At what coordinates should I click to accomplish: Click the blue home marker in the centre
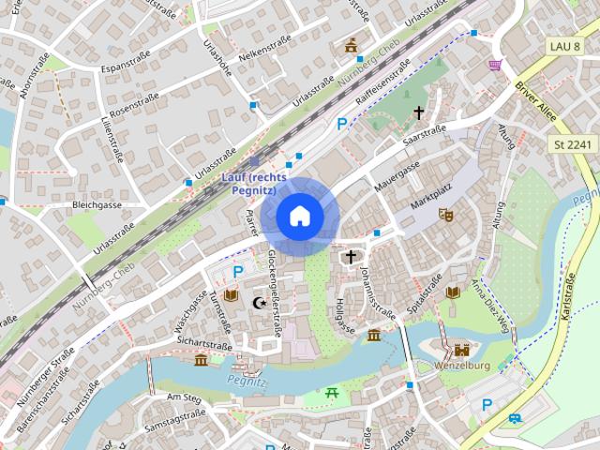pos(299,217)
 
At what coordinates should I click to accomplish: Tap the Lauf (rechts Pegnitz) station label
pos(256,183)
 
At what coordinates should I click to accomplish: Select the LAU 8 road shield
pos(566,45)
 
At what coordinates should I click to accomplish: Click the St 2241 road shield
pos(571,143)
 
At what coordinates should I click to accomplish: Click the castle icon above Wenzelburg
pos(461,349)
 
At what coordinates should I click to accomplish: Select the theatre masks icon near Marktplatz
pos(446,216)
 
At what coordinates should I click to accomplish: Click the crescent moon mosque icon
pos(260,302)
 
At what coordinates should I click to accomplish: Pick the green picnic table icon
pos(332,394)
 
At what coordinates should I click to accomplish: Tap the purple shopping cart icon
pos(494,64)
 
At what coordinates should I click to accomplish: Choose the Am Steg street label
pos(184,397)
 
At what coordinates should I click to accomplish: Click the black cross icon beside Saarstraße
pos(419,112)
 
